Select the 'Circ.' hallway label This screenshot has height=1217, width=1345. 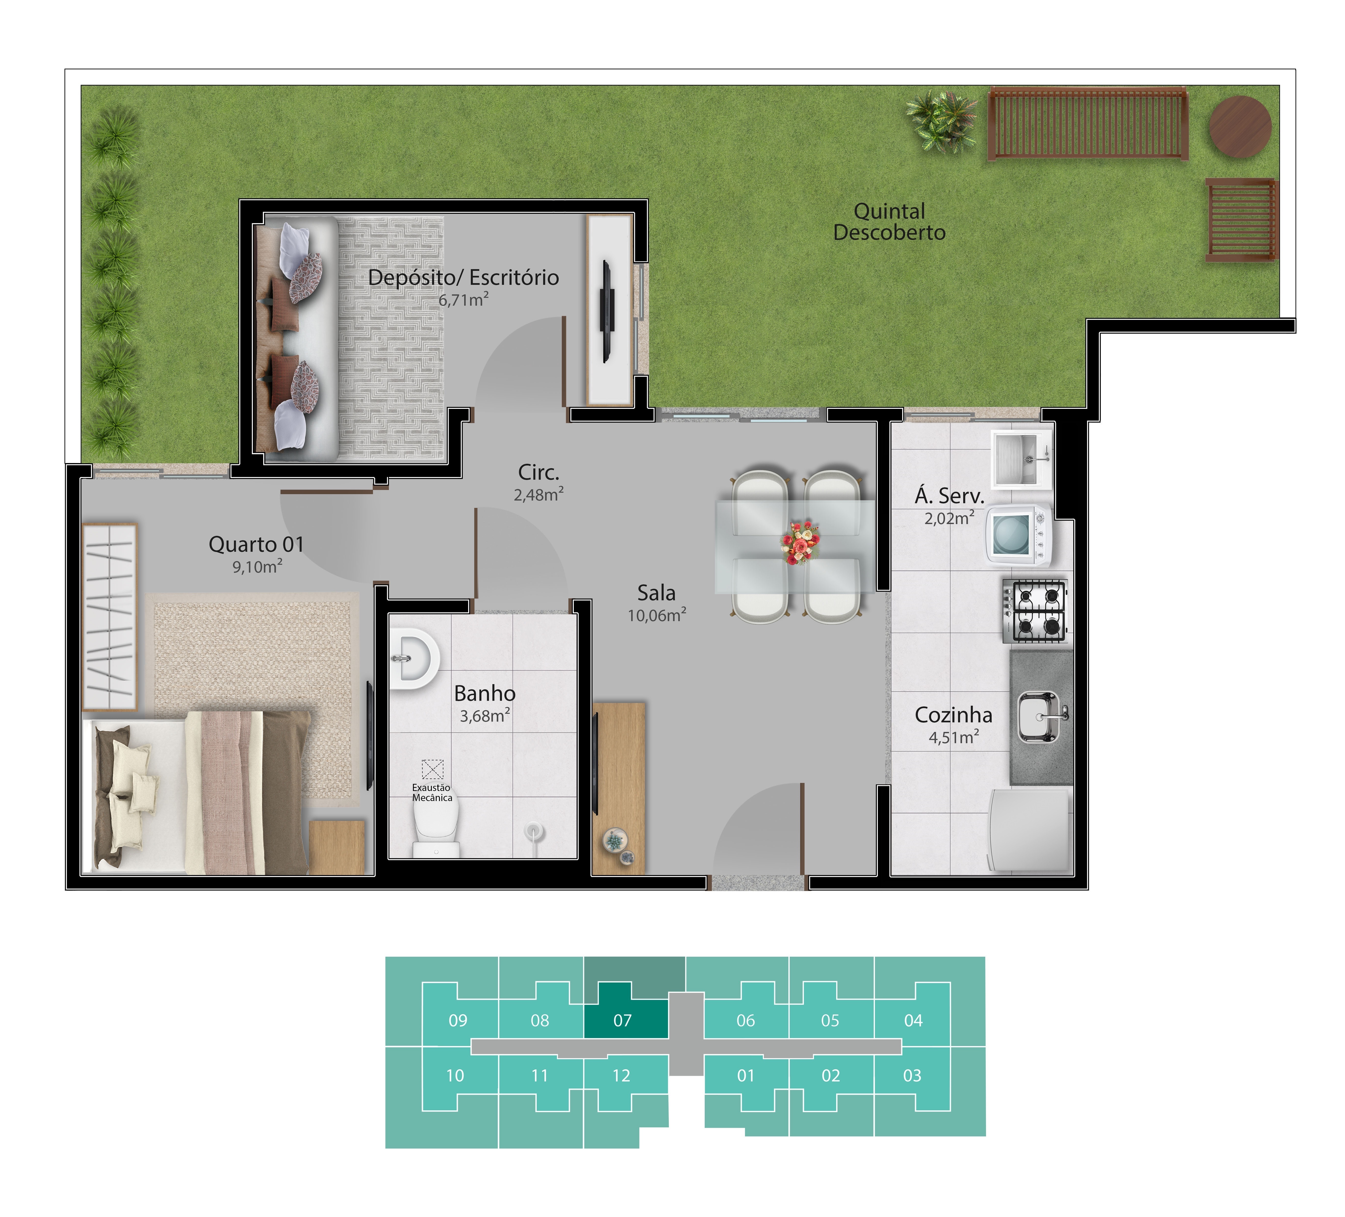tap(538, 472)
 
